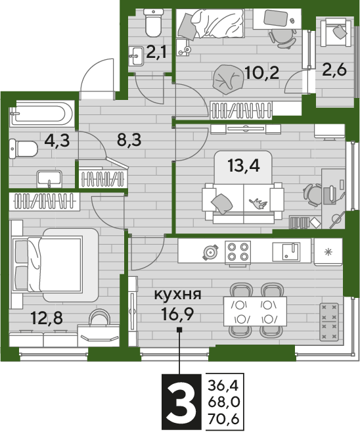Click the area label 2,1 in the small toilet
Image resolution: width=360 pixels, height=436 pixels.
156,51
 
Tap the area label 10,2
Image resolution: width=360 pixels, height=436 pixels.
262,73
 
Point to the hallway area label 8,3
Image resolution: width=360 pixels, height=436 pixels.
129,139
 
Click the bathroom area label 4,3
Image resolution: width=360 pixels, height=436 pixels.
57,141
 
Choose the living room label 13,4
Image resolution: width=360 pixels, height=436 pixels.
243,166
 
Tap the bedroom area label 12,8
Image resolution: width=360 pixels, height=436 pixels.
47,318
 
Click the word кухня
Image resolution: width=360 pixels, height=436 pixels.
178,294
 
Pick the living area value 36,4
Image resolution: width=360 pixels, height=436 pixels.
223,385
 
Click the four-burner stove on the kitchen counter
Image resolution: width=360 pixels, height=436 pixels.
238,251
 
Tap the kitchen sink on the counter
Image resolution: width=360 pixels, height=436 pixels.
286,252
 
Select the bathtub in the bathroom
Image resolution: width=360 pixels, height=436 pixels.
42,114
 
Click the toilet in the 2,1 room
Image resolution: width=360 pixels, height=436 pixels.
154,23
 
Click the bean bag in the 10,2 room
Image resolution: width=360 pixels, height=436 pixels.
227,79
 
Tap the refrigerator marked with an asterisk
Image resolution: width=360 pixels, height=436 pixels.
328,252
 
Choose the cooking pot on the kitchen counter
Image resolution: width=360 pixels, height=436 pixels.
211,253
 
